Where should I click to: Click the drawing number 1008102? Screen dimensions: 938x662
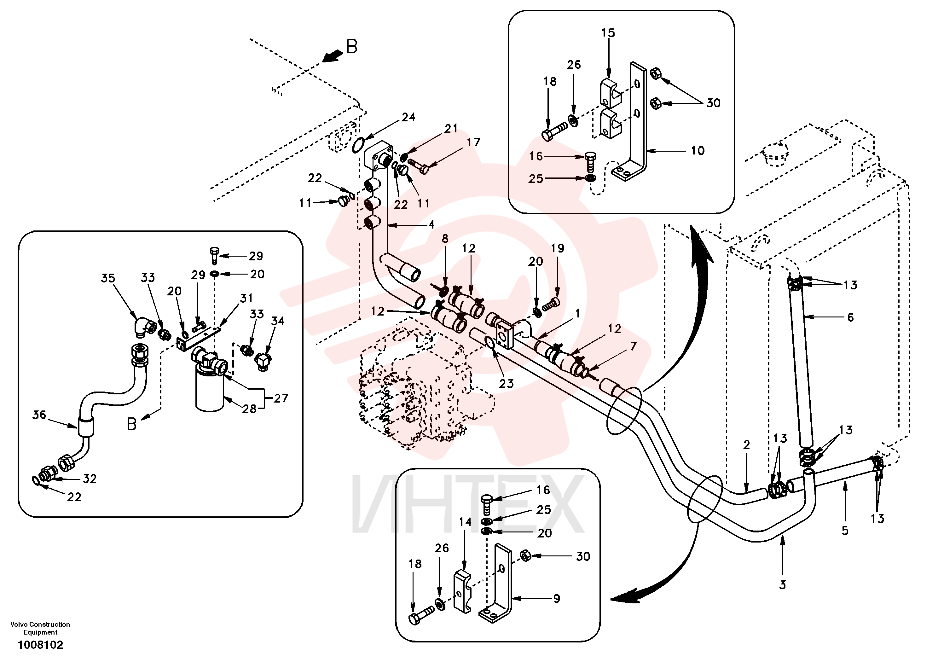pyautogui.click(x=40, y=645)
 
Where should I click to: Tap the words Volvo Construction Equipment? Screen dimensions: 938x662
pyautogui.click(x=40, y=628)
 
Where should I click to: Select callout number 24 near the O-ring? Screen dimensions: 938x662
pyautogui.click(x=408, y=117)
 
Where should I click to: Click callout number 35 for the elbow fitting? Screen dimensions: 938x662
pyautogui.click(x=108, y=278)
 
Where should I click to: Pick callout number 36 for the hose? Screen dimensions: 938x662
pyautogui.click(x=39, y=415)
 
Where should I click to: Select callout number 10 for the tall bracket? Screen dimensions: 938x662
pyautogui.click(x=698, y=151)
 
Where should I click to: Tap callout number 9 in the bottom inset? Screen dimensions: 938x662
pyautogui.click(x=556, y=599)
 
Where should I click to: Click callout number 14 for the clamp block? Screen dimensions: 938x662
pyautogui.click(x=465, y=522)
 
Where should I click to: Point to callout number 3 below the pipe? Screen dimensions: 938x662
pyautogui.click(x=782, y=585)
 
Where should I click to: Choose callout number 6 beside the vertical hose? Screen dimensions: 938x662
pyautogui.click(x=850, y=317)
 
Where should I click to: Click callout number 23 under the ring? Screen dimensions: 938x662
pyautogui.click(x=506, y=383)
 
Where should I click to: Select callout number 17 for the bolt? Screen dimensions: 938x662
pyautogui.click(x=473, y=142)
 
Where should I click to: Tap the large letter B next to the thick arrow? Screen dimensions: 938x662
pyautogui.click(x=351, y=47)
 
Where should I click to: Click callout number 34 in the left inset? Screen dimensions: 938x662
pyautogui.click(x=277, y=321)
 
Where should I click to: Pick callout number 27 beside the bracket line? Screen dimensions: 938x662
pyautogui.click(x=281, y=398)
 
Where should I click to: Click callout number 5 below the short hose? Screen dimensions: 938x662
pyautogui.click(x=845, y=531)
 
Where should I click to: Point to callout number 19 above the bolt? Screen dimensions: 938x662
pyautogui.click(x=557, y=248)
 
